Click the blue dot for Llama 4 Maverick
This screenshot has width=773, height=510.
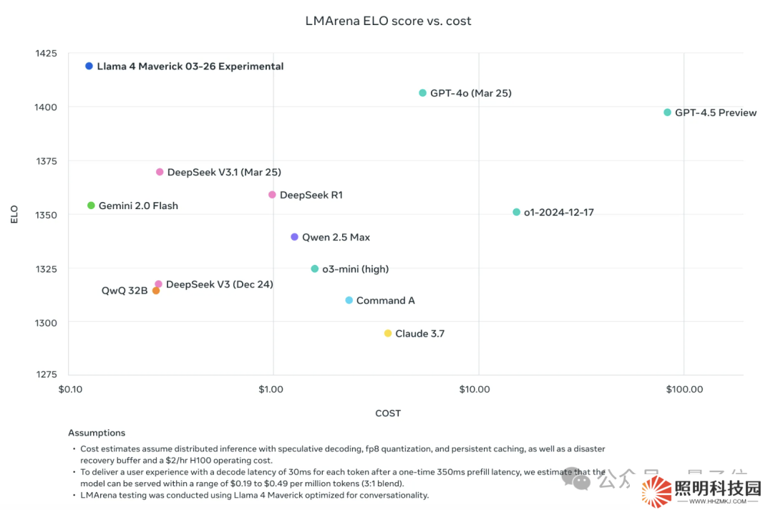[x=89, y=66]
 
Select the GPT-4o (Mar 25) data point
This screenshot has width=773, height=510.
[x=422, y=93]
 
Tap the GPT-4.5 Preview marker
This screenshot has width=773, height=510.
[x=667, y=112]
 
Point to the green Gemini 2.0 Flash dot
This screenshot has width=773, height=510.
[x=91, y=206]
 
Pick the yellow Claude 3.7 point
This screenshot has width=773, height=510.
[x=388, y=334]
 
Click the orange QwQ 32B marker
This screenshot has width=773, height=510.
[x=155, y=291]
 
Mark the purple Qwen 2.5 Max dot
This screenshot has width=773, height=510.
[x=294, y=237]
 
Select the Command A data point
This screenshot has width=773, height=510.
[x=349, y=301]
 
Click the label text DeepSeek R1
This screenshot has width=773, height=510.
[x=311, y=195]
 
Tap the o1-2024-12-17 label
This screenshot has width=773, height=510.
[x=558, y=213]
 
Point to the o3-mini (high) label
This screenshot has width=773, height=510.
[x=355, y=269]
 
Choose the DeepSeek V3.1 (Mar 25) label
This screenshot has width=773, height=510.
[x=223, y=173]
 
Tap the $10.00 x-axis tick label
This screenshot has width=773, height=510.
[x=474, y=390]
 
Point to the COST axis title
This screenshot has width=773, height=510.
[x=388, y=413]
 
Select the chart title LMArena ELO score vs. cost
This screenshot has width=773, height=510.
[x=388, y=21]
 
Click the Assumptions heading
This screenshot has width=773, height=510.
[x=97, y=433]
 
